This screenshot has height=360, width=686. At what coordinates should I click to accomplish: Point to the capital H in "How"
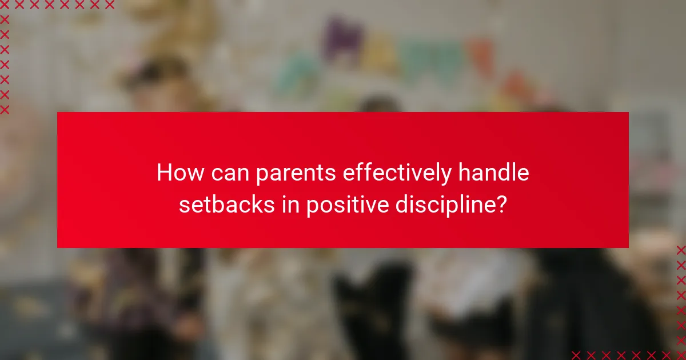[164, 173]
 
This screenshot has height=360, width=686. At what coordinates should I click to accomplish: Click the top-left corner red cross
[5, 5]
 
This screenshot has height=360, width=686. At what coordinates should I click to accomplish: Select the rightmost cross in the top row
[109, 5]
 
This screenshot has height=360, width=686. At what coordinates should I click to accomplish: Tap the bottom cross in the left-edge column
[5, 109]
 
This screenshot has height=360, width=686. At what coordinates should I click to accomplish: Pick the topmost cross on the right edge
[681, 250]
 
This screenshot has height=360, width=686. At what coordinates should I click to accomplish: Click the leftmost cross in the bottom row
[576, 355]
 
